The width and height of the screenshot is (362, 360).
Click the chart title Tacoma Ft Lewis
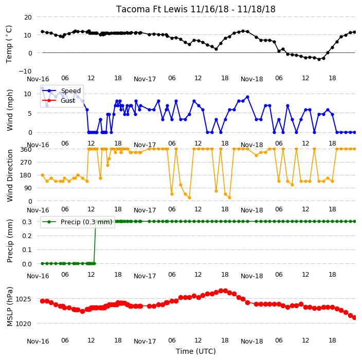tap(152, 9)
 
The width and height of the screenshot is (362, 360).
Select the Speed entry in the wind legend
tap(70, 91)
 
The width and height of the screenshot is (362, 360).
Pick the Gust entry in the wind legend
tap(68, 100)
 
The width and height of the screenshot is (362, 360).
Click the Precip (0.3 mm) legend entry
tap(86, 222)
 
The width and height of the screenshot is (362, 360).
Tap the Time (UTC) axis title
tap(196, 351)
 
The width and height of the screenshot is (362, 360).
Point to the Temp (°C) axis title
tap(9, 44)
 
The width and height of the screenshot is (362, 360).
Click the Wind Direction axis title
tap(10, 176)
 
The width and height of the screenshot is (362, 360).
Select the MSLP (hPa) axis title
tap(10, 307)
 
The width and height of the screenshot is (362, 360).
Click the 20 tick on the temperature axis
tap(28, 17)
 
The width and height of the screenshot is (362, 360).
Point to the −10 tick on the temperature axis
tap(25, 71)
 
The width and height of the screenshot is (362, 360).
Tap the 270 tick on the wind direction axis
tap(26, 163)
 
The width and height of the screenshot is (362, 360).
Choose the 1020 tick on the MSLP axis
tap(23, 324)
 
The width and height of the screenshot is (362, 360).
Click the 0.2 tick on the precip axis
tap(27, 236)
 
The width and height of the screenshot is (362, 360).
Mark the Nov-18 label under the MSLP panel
tap(251, 341)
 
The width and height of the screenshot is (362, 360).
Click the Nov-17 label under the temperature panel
tap(145, 79)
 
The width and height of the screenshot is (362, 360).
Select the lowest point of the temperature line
tap(319, 59)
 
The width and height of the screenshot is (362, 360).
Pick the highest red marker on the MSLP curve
tap(221, 291)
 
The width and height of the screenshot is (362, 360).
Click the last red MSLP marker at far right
tap(354, 318)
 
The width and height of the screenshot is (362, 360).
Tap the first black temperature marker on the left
tap(43, 32)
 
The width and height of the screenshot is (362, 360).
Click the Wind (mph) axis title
tap(10, 110)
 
